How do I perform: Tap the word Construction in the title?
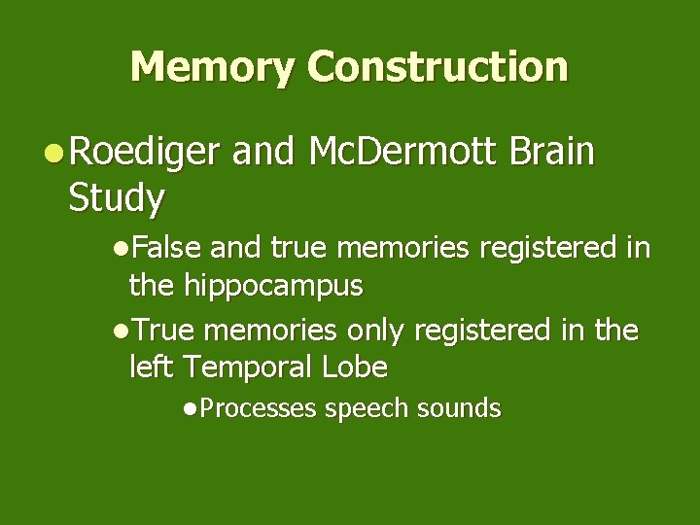[x=437, y=67]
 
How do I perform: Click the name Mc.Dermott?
[x=398, y=153]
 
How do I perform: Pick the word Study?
[x=117, y=199]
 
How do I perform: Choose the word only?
[x=375, y=332]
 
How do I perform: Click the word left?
[x=152, y=367]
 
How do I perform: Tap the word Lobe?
[x=359, y=367]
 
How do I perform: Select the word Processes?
[x=259, y=409]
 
